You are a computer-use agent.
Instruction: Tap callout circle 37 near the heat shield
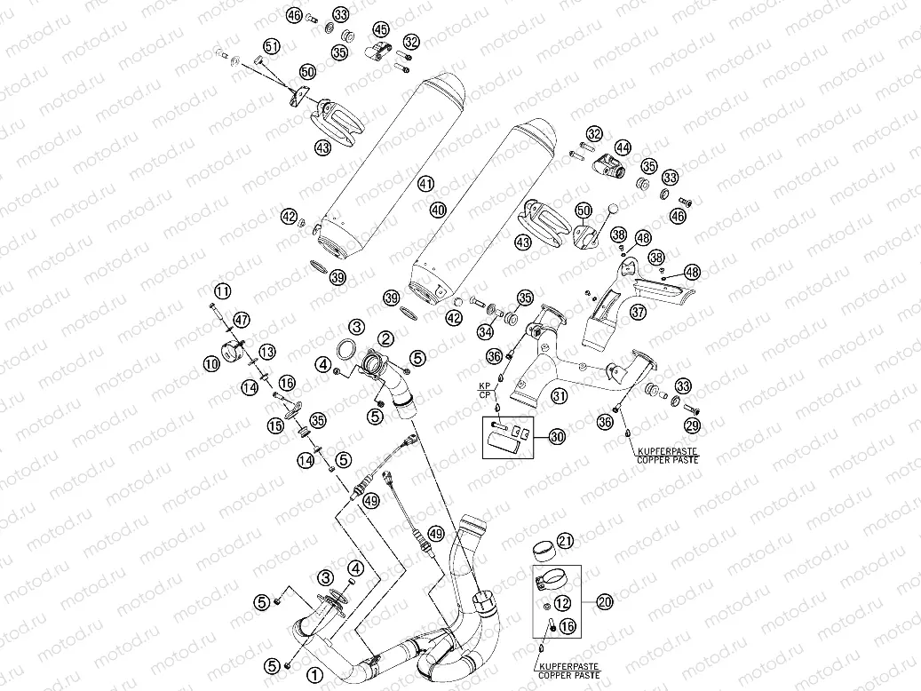tap(638, 312)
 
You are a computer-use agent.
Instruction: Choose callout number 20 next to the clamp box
tap(605, 602)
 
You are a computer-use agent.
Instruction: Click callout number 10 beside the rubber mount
tap(210, 363)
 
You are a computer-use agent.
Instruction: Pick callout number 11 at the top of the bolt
tap(220, 290)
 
